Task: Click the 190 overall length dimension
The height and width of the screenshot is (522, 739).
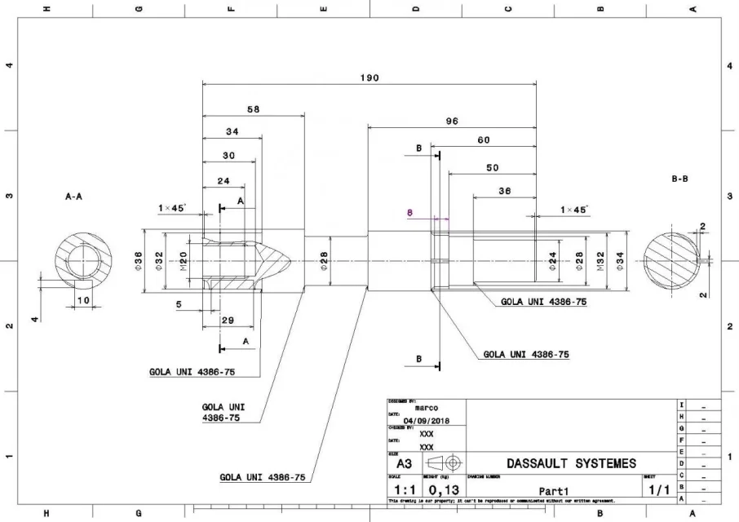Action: tap(369, 77)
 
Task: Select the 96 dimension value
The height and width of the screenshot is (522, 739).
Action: tap(452, 121)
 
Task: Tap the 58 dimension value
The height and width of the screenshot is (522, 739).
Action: tap(253, 108)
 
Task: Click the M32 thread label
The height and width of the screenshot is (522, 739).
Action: tap(601, 260)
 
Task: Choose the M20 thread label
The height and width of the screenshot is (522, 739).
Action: tap(184, 261)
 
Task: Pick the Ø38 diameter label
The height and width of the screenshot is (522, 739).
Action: tap(138, 261)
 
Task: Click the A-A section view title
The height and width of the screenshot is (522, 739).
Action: tap(73, 197)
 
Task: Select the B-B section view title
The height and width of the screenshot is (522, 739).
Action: tap(679, 178)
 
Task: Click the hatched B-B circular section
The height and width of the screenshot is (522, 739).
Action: tap(673, 261)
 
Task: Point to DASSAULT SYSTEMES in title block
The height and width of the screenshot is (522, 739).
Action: tap(570, 463)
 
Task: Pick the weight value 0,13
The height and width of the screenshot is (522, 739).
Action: tap(443, 490)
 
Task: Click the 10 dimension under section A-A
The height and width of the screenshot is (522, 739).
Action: tap(82, 300)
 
